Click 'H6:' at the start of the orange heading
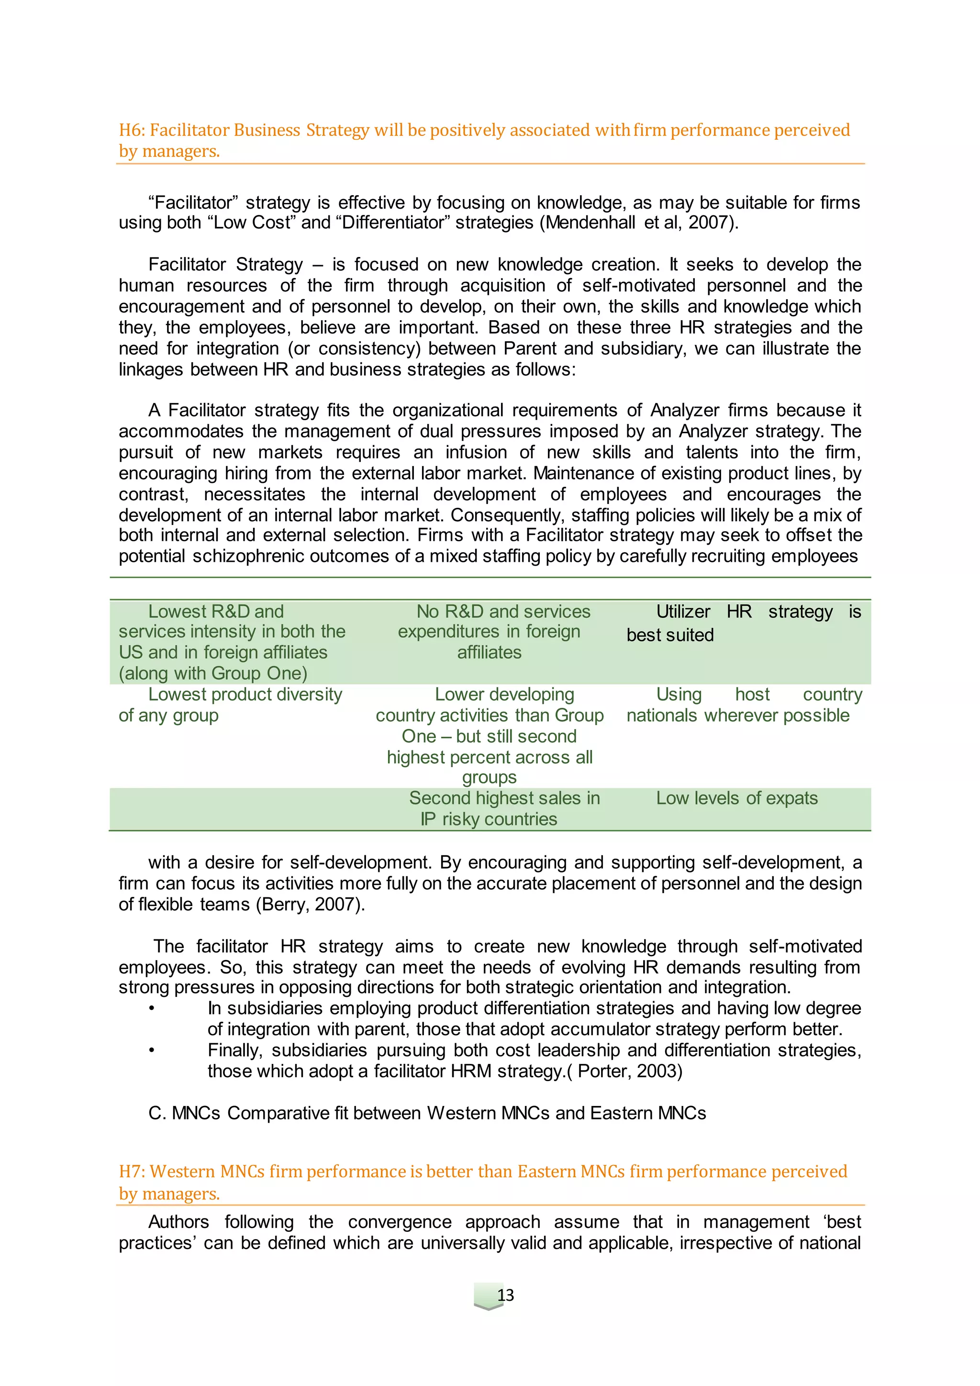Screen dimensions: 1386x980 (132, 130)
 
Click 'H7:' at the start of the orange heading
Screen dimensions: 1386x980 (132, 1171)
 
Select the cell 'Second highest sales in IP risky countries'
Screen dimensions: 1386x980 (490, 808)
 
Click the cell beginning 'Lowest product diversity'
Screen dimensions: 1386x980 (231, 704)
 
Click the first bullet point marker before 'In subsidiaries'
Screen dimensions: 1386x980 (152, 1008)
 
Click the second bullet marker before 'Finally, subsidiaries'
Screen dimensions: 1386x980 (152, 1051)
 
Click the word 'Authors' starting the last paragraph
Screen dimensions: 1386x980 (178, 1222)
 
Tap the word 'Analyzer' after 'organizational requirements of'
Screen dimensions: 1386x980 (684, 411)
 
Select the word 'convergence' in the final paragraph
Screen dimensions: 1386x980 (400, 1222)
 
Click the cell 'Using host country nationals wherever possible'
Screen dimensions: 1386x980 (744, 704)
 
